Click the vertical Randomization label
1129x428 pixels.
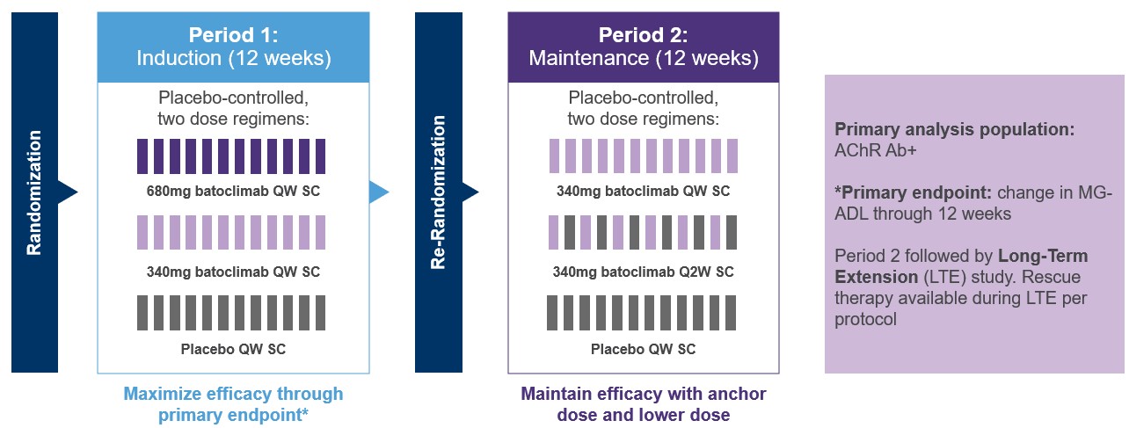[x=34, y=192]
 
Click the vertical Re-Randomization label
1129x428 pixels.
[x=438, y=192]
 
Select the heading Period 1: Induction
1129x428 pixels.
[x=233, y=47]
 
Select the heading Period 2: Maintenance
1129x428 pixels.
[x=643, y=47]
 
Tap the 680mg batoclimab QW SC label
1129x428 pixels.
[x=233, y=191]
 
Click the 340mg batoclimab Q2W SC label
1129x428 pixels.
[x=643, y=272]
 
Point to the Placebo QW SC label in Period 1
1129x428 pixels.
[x=233, y=349]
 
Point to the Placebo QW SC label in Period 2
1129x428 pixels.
[x=643, y=349]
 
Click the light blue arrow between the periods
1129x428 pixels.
[x=378, y=192]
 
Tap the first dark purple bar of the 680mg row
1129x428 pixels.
[x=142, y=156]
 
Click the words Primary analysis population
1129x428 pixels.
[x=954, y=129]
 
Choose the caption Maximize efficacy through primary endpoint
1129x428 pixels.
[x=233, y=403]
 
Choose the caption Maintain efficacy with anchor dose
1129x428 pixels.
[x=643, y=403]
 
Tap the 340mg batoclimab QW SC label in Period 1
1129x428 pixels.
[x=233, y=272]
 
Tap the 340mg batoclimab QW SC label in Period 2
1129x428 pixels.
[x=643, y=191]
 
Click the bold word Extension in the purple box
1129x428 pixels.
[x=870, y=277]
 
